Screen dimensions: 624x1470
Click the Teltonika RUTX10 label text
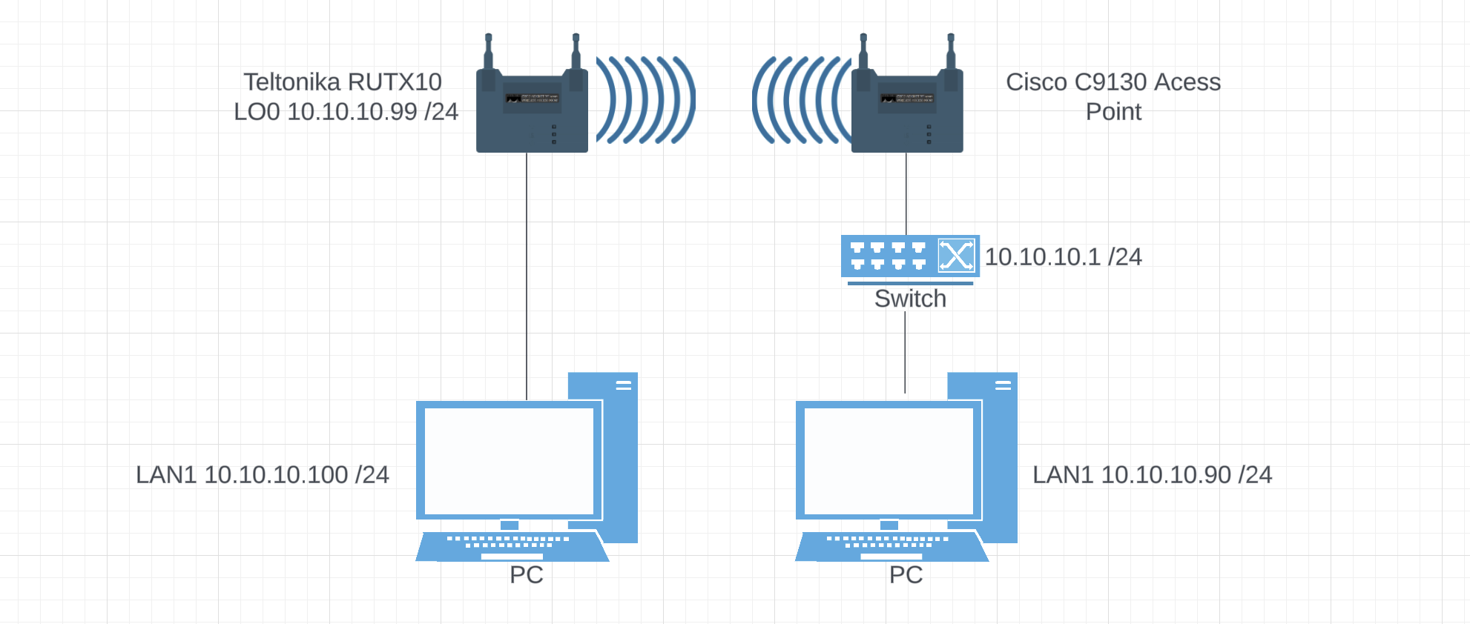tap(343, 82)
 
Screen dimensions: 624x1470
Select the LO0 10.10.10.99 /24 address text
tap(346, 112)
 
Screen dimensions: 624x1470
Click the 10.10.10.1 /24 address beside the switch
tap(1063, 257)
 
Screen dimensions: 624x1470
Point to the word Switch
tap(910, 299)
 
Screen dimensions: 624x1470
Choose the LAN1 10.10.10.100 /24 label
tap(263, 475)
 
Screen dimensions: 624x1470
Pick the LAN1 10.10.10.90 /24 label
tap(1152, 475)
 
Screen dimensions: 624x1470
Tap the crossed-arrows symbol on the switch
tap(956, 256)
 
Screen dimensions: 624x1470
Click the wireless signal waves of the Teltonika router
tap(645, 99)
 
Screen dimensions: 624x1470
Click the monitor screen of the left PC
tap(509, 461)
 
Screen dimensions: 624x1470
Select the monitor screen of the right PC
tap(889, 461)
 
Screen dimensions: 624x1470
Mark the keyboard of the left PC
tap(512, 545)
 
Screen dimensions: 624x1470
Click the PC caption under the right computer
tap(906, 575)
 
